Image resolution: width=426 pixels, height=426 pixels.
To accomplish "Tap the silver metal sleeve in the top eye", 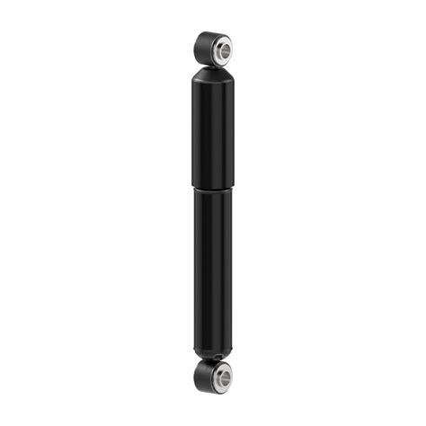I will point(219,48).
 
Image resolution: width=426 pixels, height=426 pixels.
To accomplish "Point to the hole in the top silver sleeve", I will point(222,48).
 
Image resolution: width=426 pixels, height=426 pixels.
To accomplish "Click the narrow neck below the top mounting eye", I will point(213,65).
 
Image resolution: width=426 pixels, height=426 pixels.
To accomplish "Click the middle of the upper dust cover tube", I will point(213,130).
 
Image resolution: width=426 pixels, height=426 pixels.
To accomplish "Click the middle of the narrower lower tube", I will point(213,270).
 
